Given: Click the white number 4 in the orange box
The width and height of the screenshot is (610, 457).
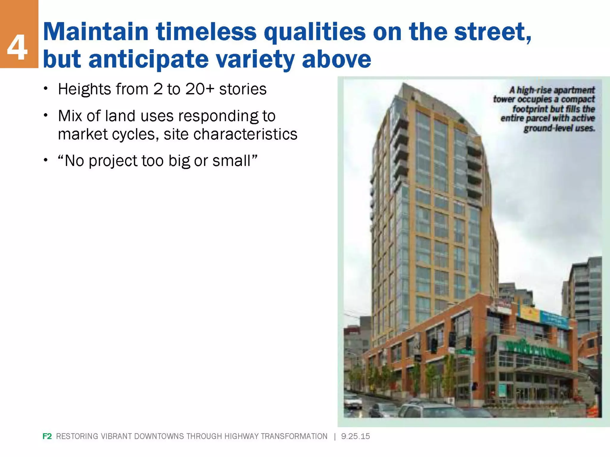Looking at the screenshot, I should [x=17, y=48].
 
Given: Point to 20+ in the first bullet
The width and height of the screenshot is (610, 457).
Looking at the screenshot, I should [x=199, y=89].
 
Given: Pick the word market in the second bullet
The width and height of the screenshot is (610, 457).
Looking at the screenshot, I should [x=83, y=134].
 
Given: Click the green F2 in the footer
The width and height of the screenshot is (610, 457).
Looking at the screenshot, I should [x=47, y=436].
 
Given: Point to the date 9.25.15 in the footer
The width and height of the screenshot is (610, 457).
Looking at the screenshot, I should [x=355, y=436].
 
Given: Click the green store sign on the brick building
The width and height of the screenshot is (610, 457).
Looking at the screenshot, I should [x=536, y=351].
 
